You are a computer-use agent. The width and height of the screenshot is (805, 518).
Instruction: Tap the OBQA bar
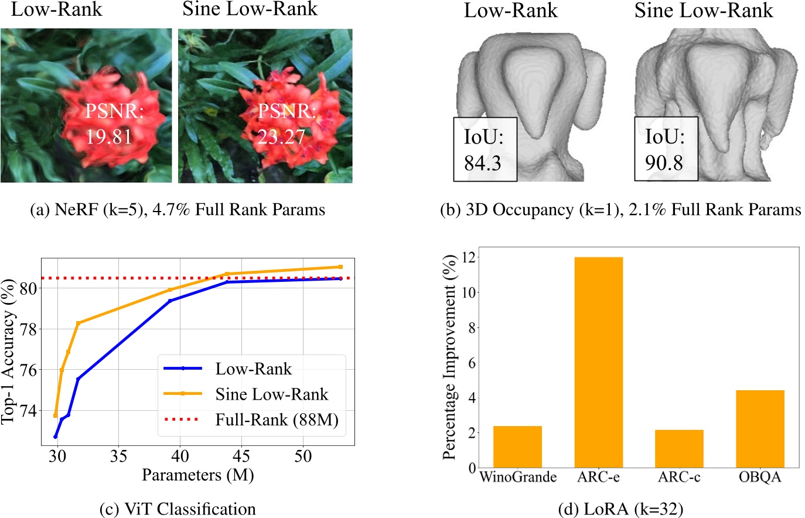coord(760,429)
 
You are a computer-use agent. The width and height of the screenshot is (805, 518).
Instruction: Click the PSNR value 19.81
coord(109,137)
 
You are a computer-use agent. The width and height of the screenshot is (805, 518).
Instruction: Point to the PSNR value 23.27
coord(282,137)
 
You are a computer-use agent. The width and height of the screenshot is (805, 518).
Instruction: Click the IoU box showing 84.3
coord(485,149)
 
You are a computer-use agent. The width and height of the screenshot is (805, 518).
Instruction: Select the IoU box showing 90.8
coord(666,149)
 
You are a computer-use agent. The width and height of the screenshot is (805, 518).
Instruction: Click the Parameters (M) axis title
coord(197,475)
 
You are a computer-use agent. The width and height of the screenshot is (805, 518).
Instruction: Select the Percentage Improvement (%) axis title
coord(449,357)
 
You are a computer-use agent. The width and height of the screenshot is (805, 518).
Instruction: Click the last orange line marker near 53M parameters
coord(340,267)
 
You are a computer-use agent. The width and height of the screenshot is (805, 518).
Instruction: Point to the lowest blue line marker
coord(56,437)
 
